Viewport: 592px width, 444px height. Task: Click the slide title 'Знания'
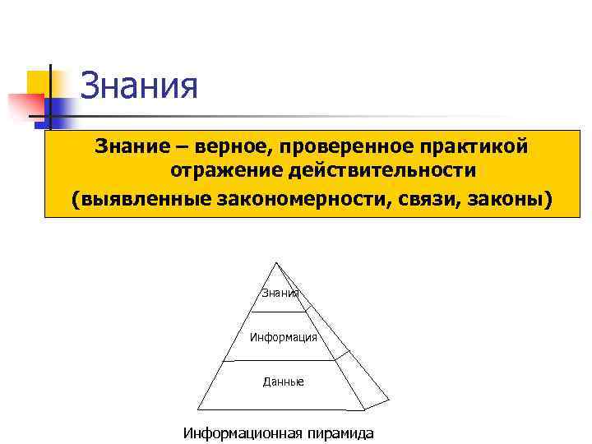click(139, 86)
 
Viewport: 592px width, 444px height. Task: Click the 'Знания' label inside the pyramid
click(280, 294)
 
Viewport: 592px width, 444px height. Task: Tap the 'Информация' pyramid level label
click(283, 337)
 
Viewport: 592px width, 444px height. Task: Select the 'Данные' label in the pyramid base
click(283, 382)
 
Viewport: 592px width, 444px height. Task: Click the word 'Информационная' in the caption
click(243, 432)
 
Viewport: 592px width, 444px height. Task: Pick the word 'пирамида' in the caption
click(340, 432)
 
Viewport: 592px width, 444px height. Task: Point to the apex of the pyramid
click(277, 263)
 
